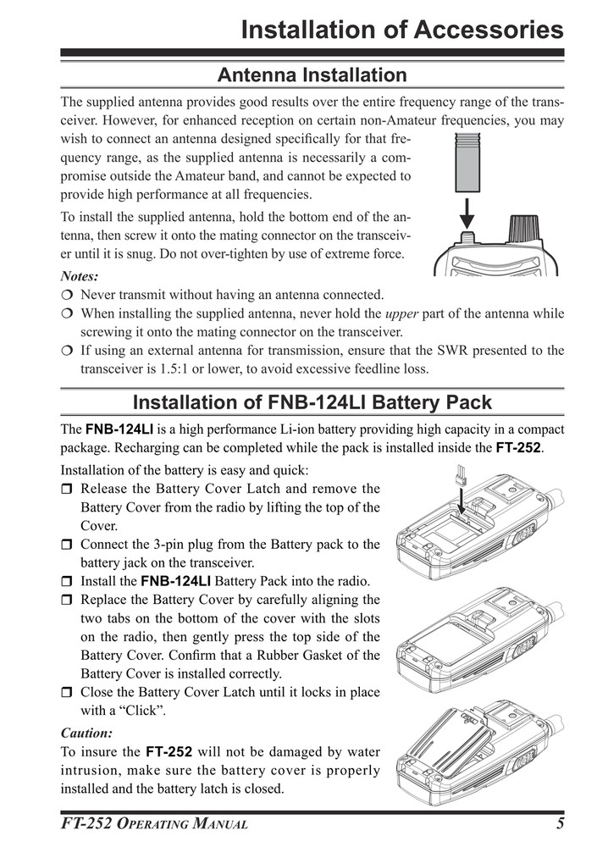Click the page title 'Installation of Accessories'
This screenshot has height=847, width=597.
click(x=401, y=30)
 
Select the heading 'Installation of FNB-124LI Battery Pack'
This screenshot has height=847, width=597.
click(x=312, y=401)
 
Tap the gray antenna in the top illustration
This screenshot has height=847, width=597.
click(x=467, y=166)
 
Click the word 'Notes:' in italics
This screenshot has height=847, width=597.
click(x=80, y=276)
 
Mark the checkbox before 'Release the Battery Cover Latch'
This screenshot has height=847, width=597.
click(x=67, y=490)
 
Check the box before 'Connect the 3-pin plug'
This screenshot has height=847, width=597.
click(x=67, y=545)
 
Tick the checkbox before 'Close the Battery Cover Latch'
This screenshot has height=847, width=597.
click(x=67, y=693)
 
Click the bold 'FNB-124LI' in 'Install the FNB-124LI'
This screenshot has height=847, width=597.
click(x=175, y=582)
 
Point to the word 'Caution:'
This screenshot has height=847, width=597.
click(x=86, y=732)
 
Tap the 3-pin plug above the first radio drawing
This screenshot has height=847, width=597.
click(x=462, y=475)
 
